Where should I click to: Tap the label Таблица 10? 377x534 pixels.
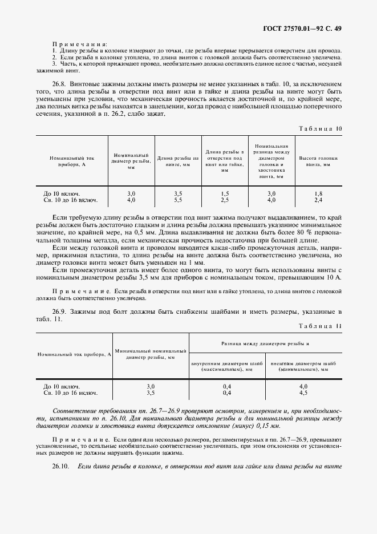coord(320,128)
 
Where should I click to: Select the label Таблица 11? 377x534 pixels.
coord(320,326)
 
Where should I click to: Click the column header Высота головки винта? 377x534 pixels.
coord(318,161)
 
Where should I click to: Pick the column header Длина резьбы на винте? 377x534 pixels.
coord(177,161)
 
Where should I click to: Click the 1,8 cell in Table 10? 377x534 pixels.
coord(318,194)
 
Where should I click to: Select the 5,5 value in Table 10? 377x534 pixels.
coord(177,200)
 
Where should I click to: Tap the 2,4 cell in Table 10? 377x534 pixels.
coord(318,200)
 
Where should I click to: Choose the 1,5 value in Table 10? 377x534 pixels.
coord(225,194)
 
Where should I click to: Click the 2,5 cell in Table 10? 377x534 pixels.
coord(225,200)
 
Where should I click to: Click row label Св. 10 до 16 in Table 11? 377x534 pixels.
coord(70,393)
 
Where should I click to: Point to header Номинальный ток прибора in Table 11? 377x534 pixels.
coord(74,354)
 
